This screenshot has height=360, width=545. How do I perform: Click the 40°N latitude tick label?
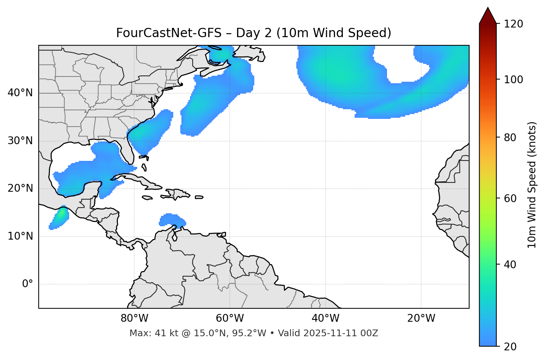(x=20, y=93)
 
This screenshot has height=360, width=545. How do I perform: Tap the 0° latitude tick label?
(x=28, y=284)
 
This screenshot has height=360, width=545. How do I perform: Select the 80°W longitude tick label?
(x=134, y=318)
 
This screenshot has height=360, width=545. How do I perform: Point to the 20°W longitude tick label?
(x=421, y=318)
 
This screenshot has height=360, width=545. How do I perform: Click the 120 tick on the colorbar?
(x=513, y=24)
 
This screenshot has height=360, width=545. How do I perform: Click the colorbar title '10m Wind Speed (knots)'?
(x=532, y=185)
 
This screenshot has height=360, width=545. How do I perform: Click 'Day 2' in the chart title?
(x=254, y=33)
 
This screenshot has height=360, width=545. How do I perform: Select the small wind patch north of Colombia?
(x=171, y=220)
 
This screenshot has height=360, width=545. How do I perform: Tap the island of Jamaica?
(x=147, y=198)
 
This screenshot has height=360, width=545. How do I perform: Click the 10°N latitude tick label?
(x=20, y=236)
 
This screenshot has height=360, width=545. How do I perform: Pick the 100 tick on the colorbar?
(x=513, y=80)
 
